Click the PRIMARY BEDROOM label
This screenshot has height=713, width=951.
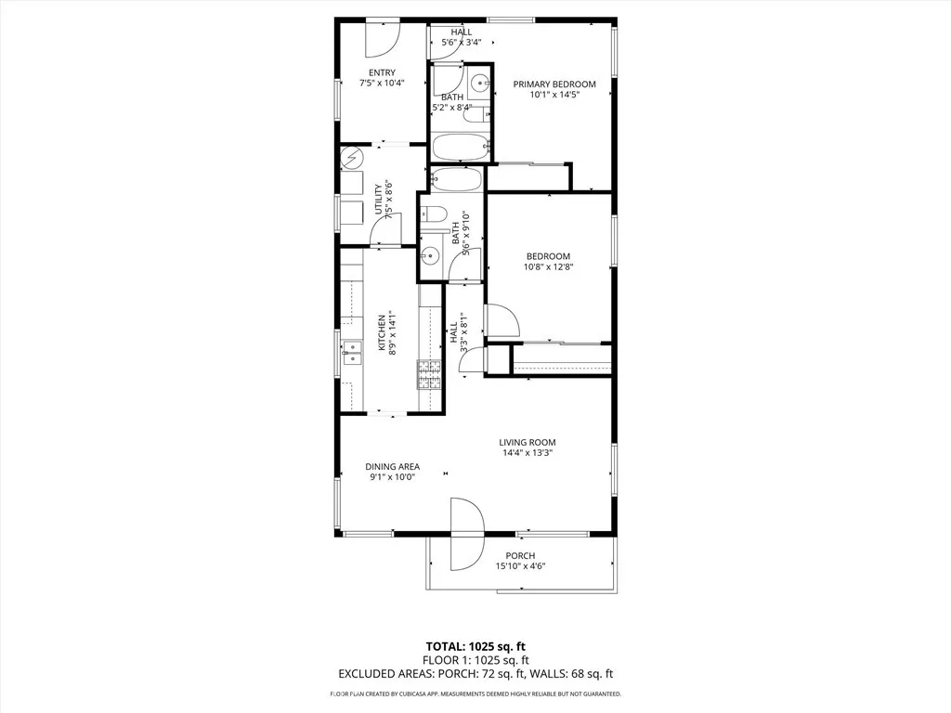click(x=554, y=84)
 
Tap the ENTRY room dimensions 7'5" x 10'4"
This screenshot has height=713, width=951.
click(x=382, y=83)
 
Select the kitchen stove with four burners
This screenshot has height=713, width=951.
click(x=428, y=374)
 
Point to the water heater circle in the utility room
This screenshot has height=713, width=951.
click(x=352, y=159)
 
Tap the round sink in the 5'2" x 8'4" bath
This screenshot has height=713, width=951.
click(x=479, y=84)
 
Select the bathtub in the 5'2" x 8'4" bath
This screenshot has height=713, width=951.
click(x=461, y=147)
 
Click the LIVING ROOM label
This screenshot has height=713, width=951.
click(x=528, y=442)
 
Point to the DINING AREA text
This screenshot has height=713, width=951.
click(x=392, y=466)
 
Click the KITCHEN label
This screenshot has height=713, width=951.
click(x=381, y=332)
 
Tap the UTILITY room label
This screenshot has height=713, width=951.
click(x=378, y=200)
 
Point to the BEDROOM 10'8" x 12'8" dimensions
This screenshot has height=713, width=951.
click(x=548, y=267)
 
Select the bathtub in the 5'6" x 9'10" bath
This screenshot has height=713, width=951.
click(x=457, y=179)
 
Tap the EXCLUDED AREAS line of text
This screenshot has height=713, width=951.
click(x=475, y=675)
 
